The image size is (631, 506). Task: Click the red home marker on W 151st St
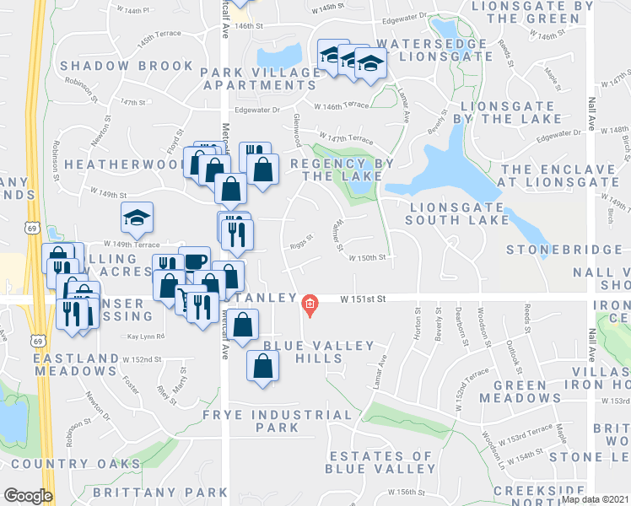point(310,304)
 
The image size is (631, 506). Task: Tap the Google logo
point(28,496)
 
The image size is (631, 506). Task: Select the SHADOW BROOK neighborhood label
point(127,66)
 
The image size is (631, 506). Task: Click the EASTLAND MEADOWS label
point(76,365)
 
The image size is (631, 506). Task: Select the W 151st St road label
point(363,299)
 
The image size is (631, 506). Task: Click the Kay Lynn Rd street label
point(146,336)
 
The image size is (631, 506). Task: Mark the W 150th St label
point(368,257)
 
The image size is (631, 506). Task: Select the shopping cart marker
point(183,296)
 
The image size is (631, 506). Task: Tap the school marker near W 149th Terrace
point(137,218)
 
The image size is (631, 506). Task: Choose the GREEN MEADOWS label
point(513,391)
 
